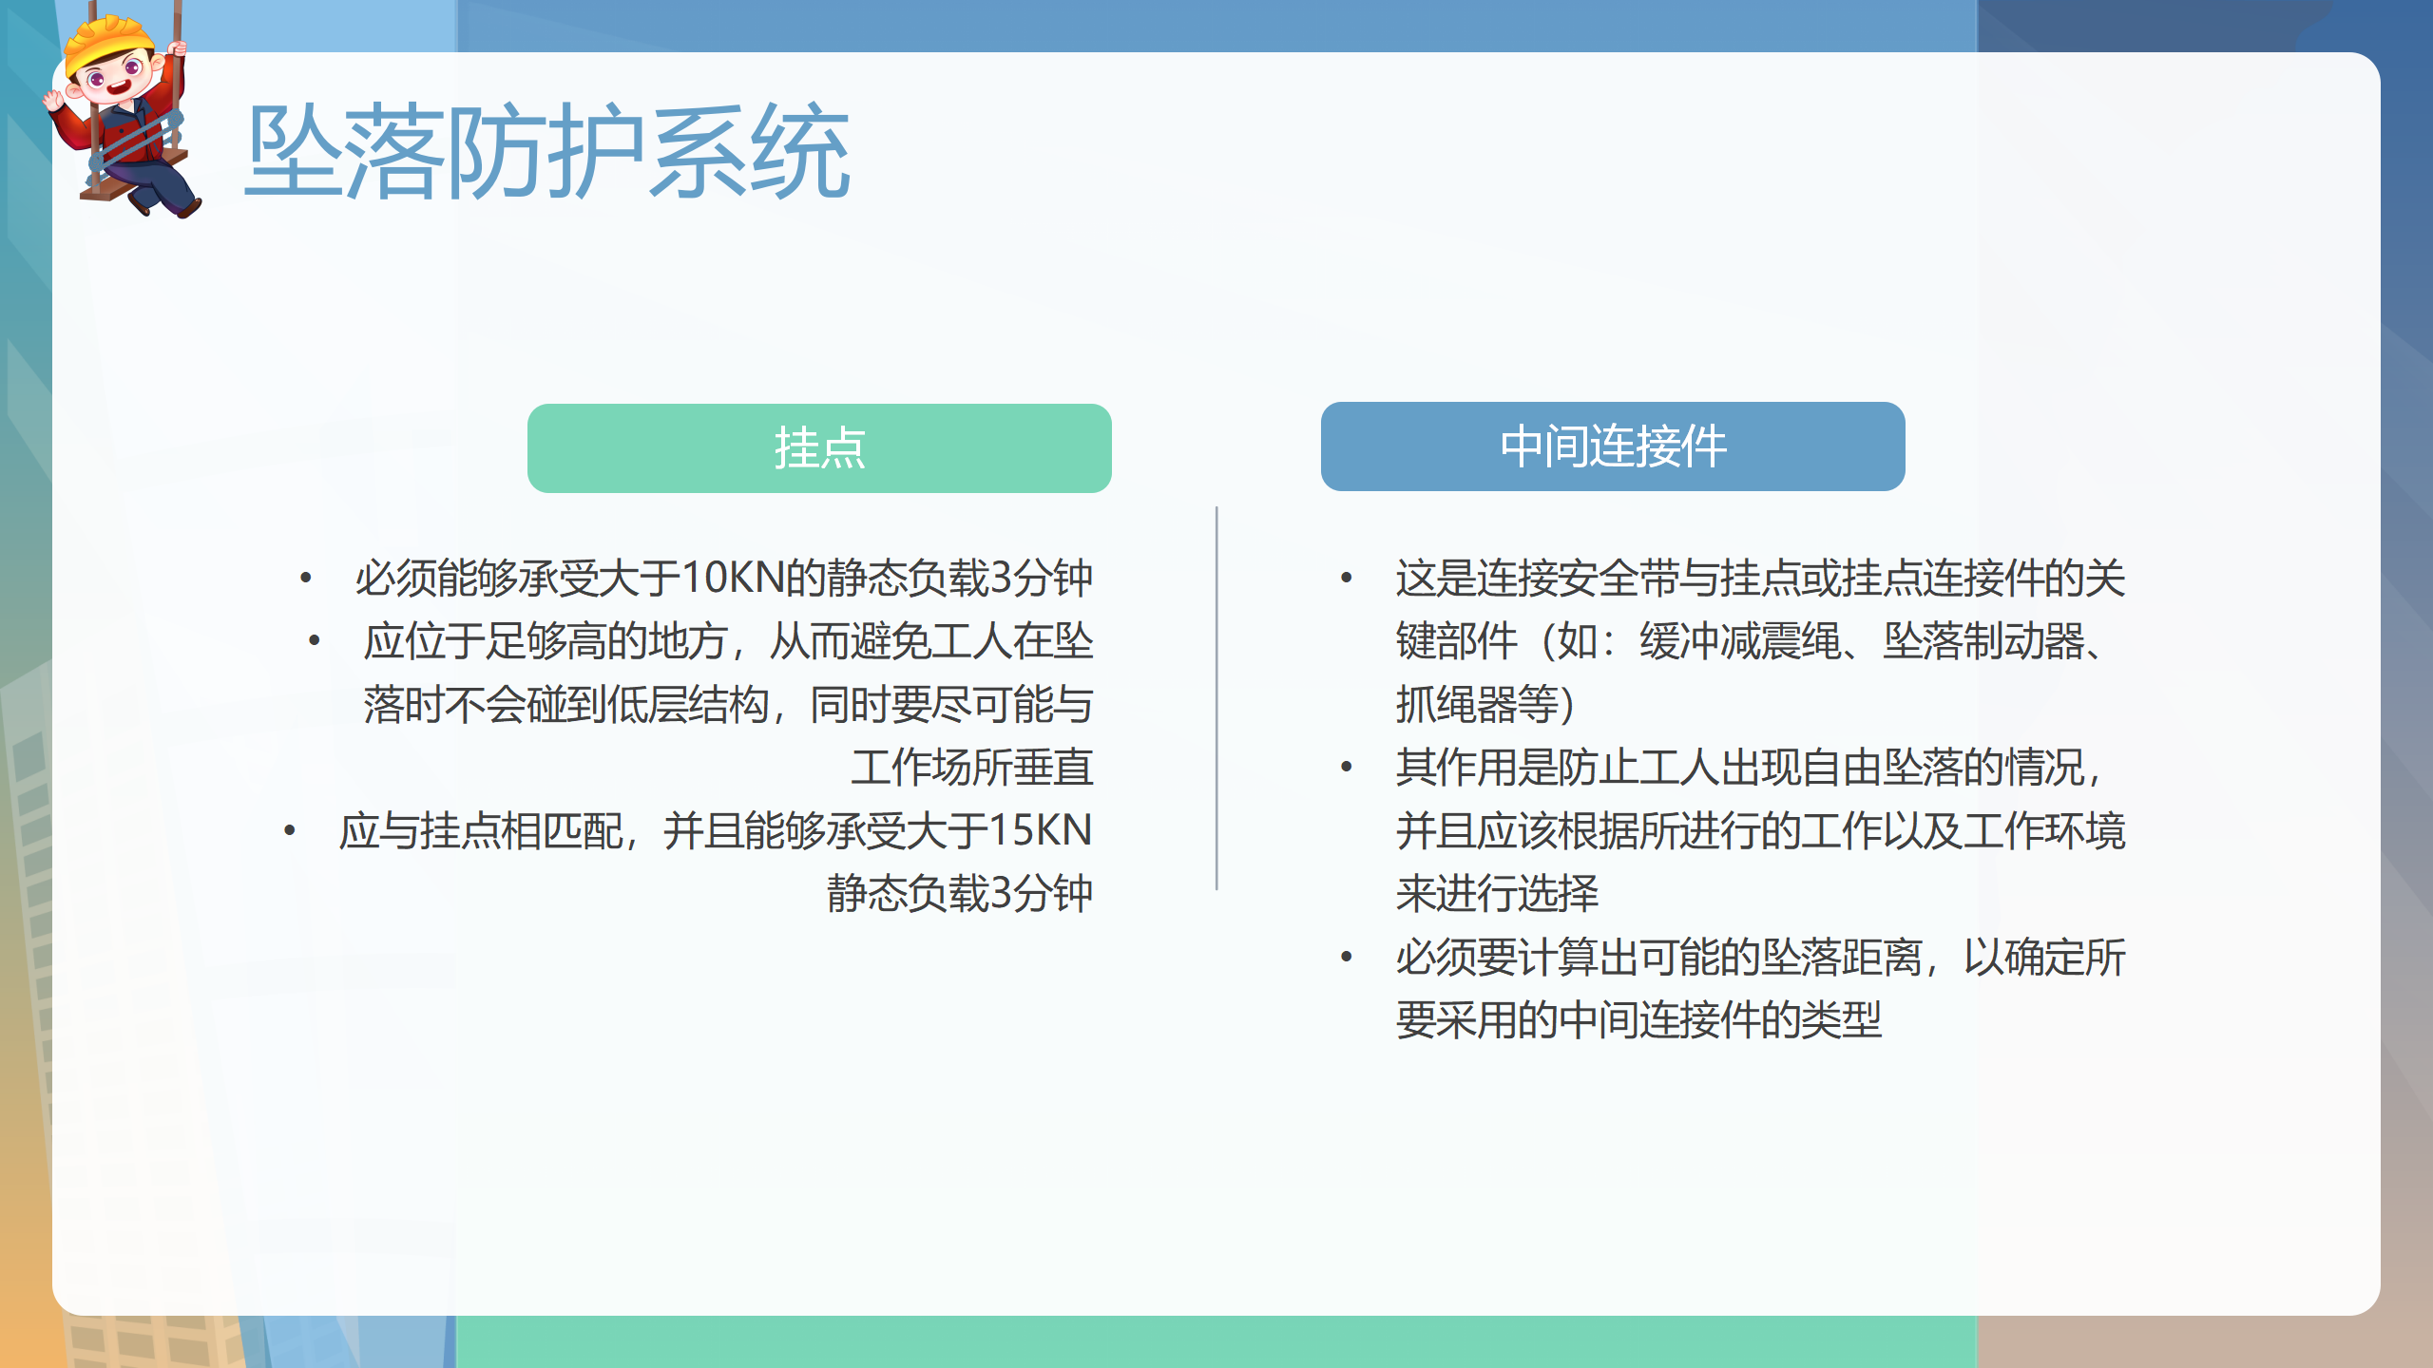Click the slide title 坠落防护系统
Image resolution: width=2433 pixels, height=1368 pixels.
pyautogui.click(x=547, y=152)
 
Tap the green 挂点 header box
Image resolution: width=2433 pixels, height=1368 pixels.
pyautogui.click(x=819, y=448)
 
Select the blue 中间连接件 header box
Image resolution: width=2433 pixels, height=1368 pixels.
pyautogui.click(x=1613, y=446)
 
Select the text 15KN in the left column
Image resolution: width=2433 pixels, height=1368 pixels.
pyautogui.click(x=1040, y=830)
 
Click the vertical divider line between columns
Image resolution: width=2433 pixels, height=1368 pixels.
pyautogui.click(x=1216, y=698)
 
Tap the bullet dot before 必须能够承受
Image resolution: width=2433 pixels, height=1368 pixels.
pyautogui.click(x=306, y=578)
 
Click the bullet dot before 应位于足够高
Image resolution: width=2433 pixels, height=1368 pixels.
pyautogui.click(x=315, y=641)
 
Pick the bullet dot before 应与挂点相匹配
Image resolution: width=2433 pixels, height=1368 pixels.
pyautogui.click(x=290, y=831)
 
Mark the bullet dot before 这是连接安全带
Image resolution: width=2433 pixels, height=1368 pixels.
pyautogui.click(x=1347, y=578)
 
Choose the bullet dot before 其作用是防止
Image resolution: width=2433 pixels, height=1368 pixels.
pyautogui.click(x=1347, y=768)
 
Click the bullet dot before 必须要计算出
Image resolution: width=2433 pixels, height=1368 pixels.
pyautogui.click(x=1347, y=957)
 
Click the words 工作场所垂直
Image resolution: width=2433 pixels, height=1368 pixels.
pyautogui.click(x=972, y=768)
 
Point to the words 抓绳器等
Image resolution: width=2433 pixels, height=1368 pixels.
pyautogui.click(x=1477, y=704)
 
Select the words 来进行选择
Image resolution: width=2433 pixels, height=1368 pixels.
pyautogui.click(x=1498, y=893)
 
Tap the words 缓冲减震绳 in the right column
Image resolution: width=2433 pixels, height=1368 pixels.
pyautogui.click(x=1741, y=641)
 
